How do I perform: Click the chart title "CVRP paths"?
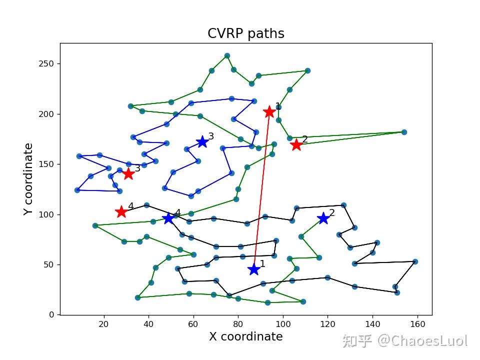point(246,33)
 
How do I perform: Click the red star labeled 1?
point(269,111)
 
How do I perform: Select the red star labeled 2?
point(296,144)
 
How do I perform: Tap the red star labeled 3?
point(128,173)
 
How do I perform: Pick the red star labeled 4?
point(121,212)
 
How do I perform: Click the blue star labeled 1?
point(254,269)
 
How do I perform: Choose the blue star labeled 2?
point(323,218)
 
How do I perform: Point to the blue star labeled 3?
point(202,142)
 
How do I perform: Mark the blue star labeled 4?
point(168,218)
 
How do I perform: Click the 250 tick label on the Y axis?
point(48,64)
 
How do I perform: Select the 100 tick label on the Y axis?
point(48,214)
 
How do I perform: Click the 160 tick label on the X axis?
point(417,324)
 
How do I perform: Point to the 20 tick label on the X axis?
point(104,324)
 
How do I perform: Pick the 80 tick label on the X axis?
point(238,324)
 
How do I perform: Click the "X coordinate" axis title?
point(246,336)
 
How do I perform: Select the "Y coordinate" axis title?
point(28,179)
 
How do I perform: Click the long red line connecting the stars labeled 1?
point(261,190)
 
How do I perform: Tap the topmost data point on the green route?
point(227,55)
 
